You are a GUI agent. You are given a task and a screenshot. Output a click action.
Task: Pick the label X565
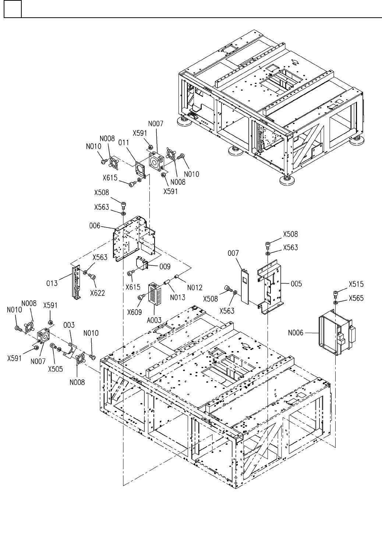pyautogui.click(x=356, y=298)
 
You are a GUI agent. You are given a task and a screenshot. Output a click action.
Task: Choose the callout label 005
pyautogui.click(x=296, y=283)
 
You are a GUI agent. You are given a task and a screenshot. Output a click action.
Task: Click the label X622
pyautogui.click(x=98, y=293)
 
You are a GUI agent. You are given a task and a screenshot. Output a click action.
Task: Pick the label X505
pyautogui.click(x=55, y=369)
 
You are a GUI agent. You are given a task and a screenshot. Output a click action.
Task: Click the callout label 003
pyautogui.click(x=69, y=325)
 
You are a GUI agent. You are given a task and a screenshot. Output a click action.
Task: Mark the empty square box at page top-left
pyautogui.click(x=13, y=9)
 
